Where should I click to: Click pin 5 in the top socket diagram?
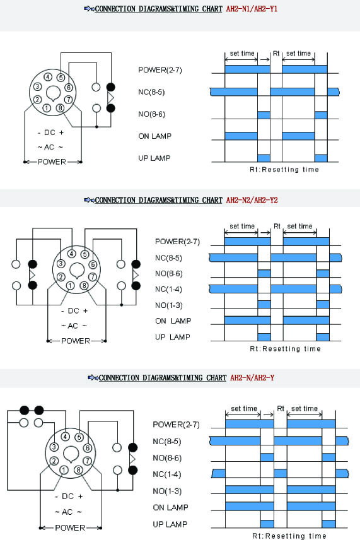[x=61, y=78]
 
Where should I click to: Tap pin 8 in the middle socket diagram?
[x=84, y=285]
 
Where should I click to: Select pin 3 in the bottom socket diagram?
[x=54, y=447]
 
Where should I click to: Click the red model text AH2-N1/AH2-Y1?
[x=252, y=9]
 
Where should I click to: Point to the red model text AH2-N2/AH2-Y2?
[x=252, y=200]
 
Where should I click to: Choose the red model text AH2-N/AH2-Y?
[x=252, y=377]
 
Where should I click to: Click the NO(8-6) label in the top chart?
[x=151, y=114]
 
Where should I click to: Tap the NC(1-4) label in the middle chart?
[x=168, y=289]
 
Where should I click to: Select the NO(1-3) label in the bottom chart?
[x=167, y=491]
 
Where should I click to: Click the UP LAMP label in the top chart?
[x=154, y=158]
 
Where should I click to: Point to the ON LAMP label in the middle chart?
[x=173, y=321]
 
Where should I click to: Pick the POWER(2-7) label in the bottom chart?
[x=176, y=425]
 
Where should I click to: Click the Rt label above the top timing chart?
[x=276, y=54]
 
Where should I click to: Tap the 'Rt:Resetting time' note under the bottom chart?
[x=289, y=536]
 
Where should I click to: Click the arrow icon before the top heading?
[x=90, y=9]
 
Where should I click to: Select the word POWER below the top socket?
[x=52, y=162]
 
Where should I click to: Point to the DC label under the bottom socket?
[x=67, y=496]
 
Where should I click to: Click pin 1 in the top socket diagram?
[x=47, y=108]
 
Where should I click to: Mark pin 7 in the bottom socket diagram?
[x=88, y=461]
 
